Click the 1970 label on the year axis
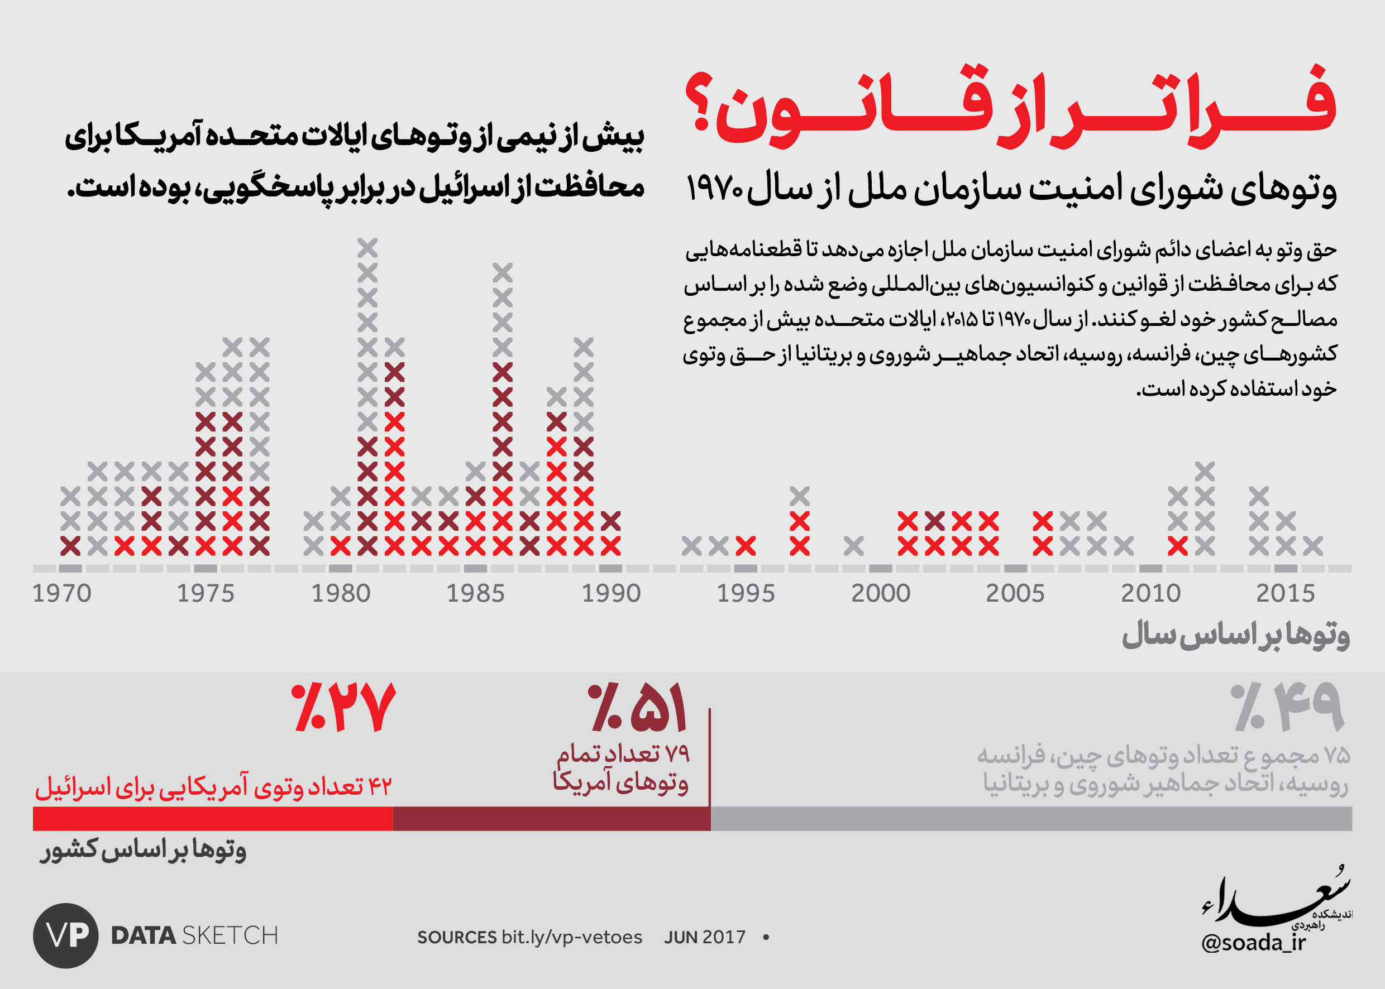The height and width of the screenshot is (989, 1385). (61, 593)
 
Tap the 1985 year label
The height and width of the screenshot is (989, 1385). (475, 593)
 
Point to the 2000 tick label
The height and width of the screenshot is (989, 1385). (881, 593)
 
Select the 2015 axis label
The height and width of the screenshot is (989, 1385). (1286, 593)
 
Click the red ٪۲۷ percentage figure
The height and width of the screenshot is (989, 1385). (343, 707)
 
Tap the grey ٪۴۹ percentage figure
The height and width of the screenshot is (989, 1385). (1286, 707)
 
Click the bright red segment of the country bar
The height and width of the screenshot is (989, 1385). (213, 818)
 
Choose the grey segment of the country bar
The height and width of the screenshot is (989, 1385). (1031, 818)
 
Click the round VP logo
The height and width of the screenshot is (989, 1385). (66, 935)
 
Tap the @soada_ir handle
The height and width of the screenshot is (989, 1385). (1254, 943)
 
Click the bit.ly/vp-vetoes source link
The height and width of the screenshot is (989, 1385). (571, 937)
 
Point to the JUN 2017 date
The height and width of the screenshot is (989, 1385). (705, 937)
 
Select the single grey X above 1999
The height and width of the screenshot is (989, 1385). (854, 546)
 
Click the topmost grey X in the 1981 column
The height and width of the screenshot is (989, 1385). (367, 248)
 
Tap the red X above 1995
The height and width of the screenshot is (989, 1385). (746, 546)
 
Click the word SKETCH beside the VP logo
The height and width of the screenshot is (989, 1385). (230, 935)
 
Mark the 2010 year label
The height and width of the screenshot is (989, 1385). (1150, 593)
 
